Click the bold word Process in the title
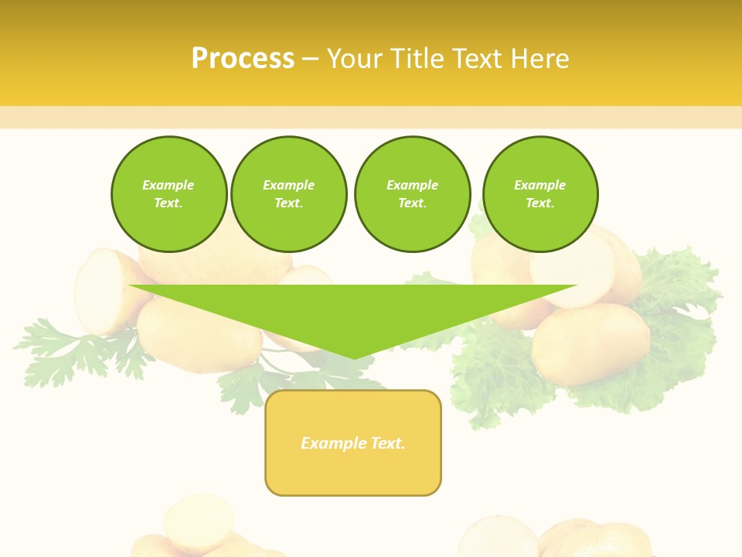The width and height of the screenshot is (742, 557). pyautogui.click(x=243, y=59)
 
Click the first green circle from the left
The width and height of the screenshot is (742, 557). pyautogui.click(x=168, y=194)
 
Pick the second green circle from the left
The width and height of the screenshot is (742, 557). pyautogui.click(x=288, y=194)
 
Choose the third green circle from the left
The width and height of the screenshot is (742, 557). pyautogui.click(x=412, y=194)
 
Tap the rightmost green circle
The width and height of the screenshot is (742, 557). pyautogui.click(x=540, y=194)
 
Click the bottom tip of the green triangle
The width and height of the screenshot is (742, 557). pyautogui.click(x=354, y=357)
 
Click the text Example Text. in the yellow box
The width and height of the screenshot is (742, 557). pyautogui.click(x=353, y=443)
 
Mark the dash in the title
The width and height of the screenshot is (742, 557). pyautogui.click(x=311, y=59)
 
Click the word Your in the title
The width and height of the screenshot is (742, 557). pyautogui.click(x=354, y=59)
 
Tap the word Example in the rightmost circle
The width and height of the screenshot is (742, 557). pyautogui.click(x=540, y=185)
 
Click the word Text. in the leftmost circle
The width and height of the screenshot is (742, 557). pyautogui.click(x=168, y=203)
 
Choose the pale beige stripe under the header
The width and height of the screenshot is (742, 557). pyautogui.click(x=371, y=118)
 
